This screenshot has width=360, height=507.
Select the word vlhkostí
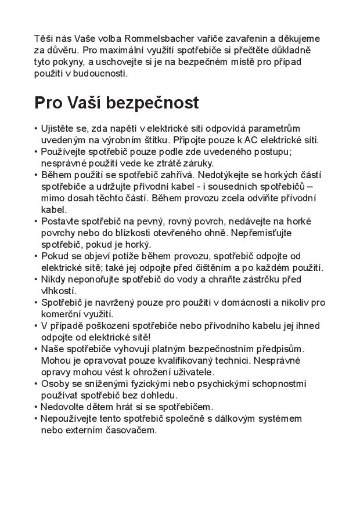coord(58,291)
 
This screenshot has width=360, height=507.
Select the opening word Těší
coord(45,39)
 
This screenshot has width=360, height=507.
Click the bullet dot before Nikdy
coord(36,279)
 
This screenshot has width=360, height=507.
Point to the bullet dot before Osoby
coord(36,383)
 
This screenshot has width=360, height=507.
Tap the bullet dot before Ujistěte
coord(36,128)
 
